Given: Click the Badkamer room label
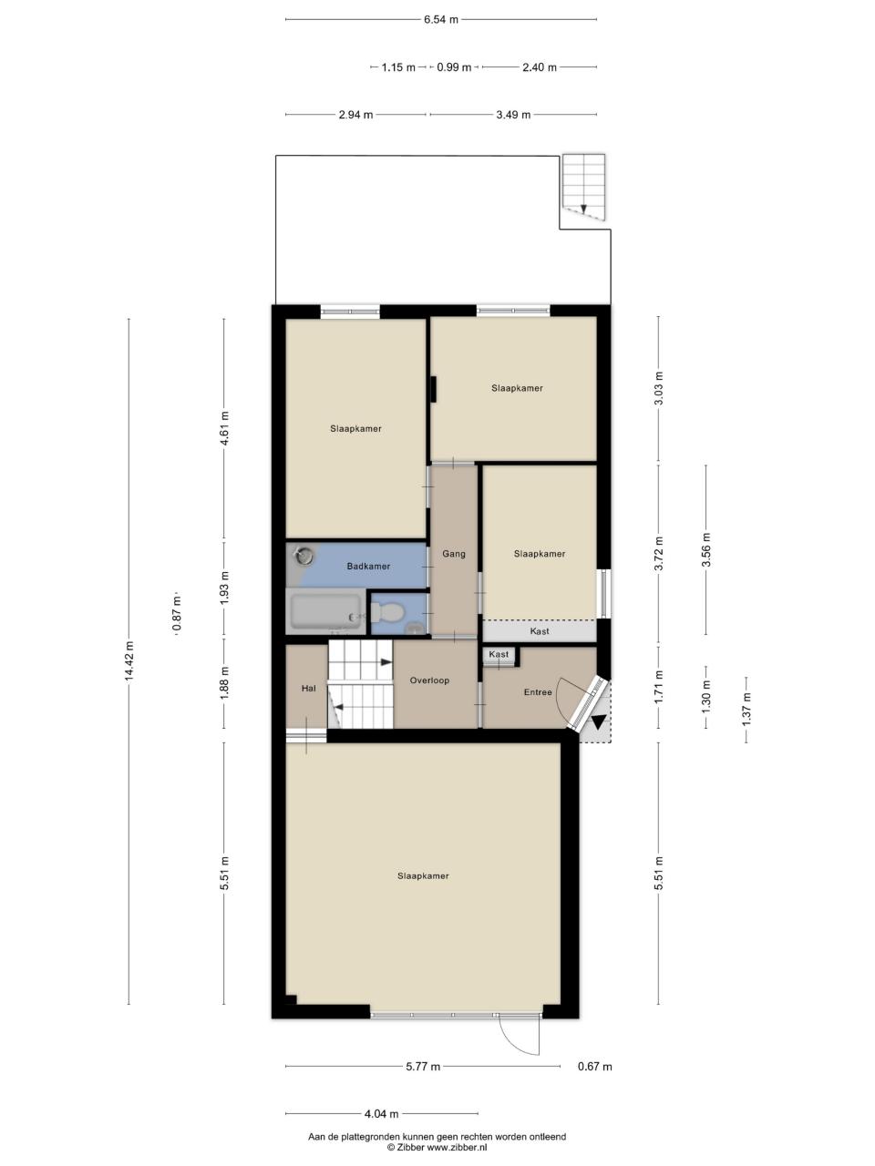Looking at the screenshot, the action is [x=368, y=567].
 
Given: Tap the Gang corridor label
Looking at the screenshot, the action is [x=454, y=554].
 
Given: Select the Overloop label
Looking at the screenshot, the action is [x=429, y=680].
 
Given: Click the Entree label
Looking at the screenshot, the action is [x=538, y=692].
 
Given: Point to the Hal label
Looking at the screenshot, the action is [x=308, y=689].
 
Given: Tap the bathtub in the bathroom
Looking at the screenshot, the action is [x=324, y=611].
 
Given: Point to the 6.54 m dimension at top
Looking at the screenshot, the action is [x=441, y=20].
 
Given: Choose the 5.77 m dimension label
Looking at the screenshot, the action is [x=423, y=1066].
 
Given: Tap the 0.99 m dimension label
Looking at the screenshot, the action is [x=454, y=67].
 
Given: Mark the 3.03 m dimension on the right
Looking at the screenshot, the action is [x=659, y=388].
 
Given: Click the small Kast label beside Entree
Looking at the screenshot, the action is [x=499, y=654].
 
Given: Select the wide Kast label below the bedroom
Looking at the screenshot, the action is [x=540, y=631].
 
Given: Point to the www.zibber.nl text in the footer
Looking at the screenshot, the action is [x=457, y=1148].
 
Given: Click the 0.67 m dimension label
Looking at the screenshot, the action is [x=594, y=1066].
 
